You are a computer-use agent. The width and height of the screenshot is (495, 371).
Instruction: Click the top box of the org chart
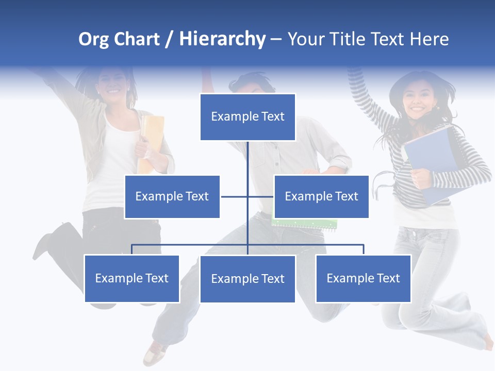coord(247,117)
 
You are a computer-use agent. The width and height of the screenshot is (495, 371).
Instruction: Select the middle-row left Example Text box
coord(172,196)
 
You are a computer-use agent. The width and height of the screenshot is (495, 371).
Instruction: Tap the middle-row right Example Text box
coord(321,196)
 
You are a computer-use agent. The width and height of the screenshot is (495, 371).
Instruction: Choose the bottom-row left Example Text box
coord(132,278)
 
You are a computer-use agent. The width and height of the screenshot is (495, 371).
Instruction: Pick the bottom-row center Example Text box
coord(247,279)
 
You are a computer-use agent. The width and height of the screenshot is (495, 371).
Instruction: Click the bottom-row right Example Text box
coord(364,278)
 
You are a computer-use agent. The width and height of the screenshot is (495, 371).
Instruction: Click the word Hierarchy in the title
coord(222,39)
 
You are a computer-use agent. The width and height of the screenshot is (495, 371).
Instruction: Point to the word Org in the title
coord(93,39)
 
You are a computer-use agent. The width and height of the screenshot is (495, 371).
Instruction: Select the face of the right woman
coord(416,98)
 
